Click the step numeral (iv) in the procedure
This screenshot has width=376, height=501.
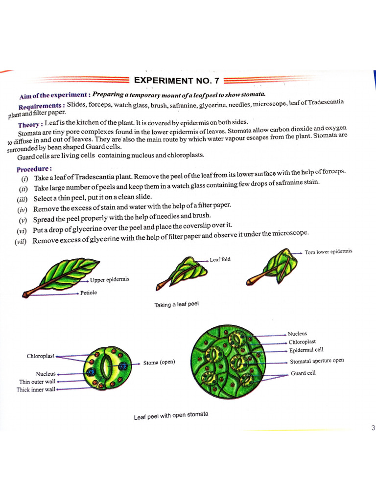(23, 209)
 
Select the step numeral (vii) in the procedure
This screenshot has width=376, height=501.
(21, 241)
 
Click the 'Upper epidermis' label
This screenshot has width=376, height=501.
(110, 280)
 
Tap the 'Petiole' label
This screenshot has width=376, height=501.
(89, 293)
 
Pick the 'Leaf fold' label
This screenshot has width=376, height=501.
(220, 259)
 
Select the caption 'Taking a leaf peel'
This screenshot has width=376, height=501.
(176, 305)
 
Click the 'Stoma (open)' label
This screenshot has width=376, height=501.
(159, 363)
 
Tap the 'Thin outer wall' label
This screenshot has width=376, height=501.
(38, 382)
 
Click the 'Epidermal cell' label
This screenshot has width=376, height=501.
(306, 350)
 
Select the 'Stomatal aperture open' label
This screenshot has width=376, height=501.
(317, 361)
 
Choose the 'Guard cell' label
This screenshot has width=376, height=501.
(303, 373)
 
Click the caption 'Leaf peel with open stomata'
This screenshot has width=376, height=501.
(171, 416)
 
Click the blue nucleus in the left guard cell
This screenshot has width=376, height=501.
(91, 372)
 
